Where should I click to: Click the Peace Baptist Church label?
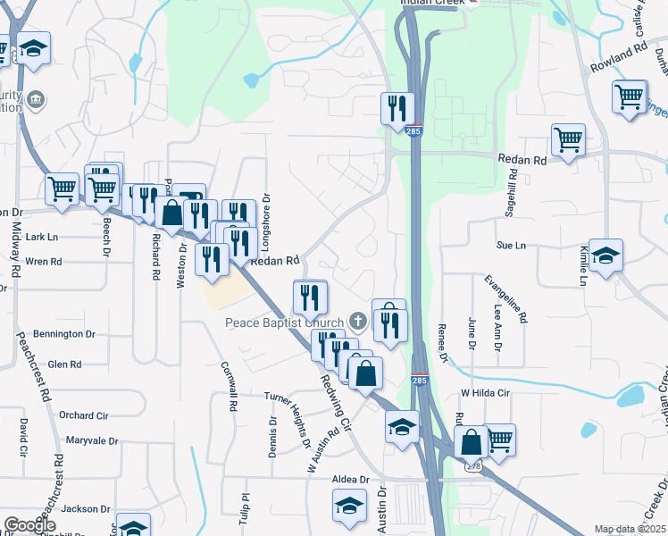tap(285, 322)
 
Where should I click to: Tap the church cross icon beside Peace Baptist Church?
tap(358, 321)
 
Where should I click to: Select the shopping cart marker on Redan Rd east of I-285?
tap(568, 140)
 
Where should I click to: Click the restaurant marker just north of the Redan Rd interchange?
tap(395, 109)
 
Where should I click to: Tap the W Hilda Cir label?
tap(484, 393)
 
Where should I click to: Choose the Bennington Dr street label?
tap(64, 334)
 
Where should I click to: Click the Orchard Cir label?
tap(83, 415)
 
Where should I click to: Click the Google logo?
tap(29, 524)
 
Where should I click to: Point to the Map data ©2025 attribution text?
tap(629, 529)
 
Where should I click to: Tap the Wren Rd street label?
tap(43, 262)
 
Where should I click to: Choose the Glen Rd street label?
tap(64, 364)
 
